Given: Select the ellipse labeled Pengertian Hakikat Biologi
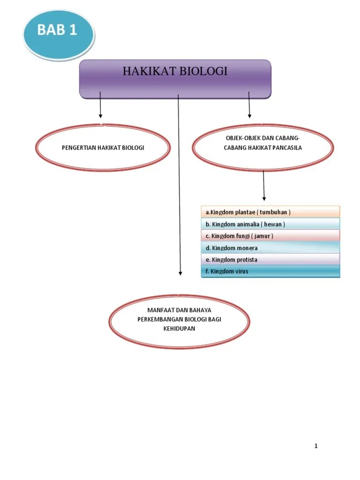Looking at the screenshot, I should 103,148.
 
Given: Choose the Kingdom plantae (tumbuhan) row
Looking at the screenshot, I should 270,212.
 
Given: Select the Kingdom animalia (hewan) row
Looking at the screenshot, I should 270,224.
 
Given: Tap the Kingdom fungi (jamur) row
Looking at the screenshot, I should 270,236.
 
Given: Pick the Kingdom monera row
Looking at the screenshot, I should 270,247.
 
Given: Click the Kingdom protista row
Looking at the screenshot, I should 270,259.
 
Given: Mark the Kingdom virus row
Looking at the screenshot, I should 270,271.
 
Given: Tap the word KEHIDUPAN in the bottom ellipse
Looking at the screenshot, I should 179,329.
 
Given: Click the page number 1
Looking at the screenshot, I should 316,446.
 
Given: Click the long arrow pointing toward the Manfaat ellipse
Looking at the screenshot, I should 180,187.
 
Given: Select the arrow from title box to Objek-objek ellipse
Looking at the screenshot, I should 249,105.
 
